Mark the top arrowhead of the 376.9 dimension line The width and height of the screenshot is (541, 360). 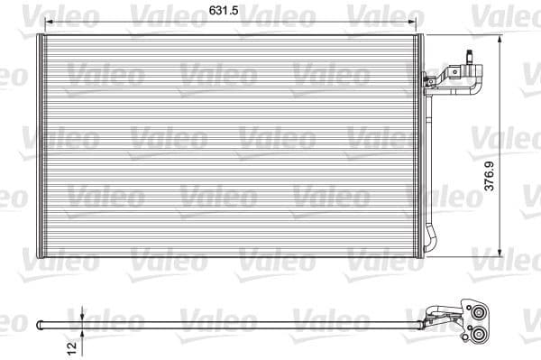500,39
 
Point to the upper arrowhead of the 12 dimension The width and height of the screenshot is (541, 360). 82,313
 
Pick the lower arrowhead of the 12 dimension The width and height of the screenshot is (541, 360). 82,331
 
